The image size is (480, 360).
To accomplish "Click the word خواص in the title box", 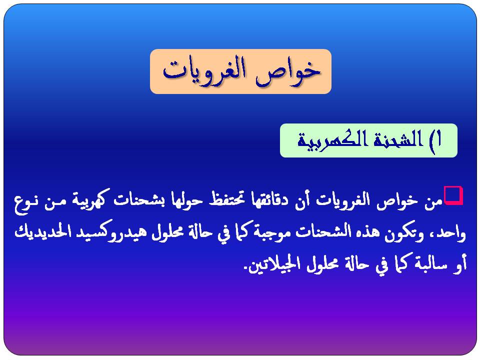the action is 290,71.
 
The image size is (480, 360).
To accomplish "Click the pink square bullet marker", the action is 453,194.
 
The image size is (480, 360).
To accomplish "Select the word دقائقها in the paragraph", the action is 269,200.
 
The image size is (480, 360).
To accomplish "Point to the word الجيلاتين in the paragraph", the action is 276,265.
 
